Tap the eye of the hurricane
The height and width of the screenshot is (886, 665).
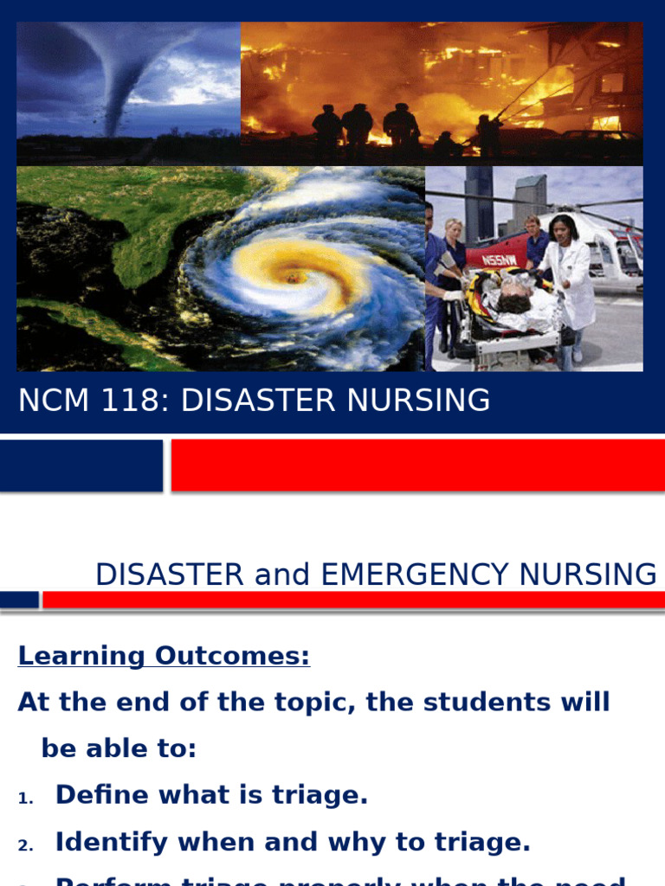293,278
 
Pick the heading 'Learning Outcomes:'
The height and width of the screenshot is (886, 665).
164,656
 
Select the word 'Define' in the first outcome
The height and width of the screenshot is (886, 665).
101,795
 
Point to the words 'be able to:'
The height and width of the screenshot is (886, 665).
119,748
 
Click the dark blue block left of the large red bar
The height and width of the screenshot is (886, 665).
81,465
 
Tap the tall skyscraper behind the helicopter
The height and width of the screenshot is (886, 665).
479,203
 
